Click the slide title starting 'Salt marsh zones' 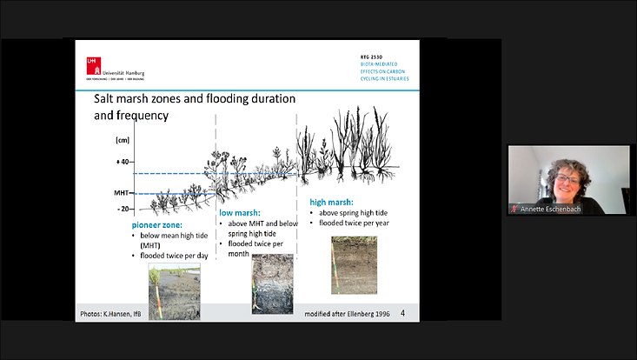194,106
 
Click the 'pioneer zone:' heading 157,224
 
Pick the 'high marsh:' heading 331,202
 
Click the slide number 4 402,312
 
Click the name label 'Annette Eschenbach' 550,209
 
